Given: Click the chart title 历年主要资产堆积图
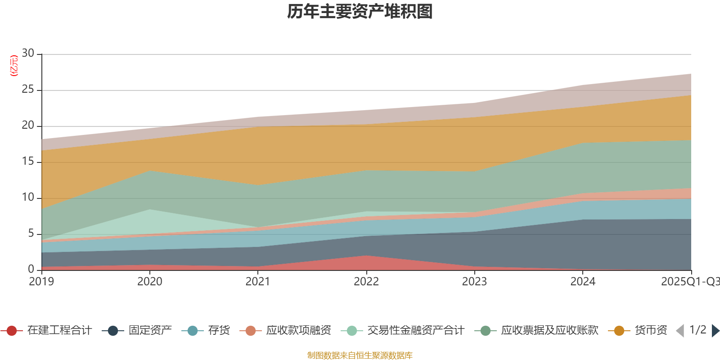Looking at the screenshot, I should click(x=360, y=12).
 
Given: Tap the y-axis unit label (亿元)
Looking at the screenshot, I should click(x=14, y=66).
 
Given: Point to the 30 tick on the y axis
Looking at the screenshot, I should click(x=28, y=54).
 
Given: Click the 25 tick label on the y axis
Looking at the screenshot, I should click(x=28, y=90).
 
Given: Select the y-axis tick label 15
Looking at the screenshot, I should click(x=28, y=162).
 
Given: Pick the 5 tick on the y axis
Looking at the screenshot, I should click(x=31, y=234).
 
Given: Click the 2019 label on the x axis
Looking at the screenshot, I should click(x=41, y=282).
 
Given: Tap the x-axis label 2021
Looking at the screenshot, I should click(x=257, y=282).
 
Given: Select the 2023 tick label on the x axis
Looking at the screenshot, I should click(x=474, y=282).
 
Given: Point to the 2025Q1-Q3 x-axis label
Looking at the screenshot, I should click(x=689, y=282).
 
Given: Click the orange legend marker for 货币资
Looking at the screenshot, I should click(x=619, y=331).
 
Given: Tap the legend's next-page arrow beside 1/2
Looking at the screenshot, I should click(x=715, y=331).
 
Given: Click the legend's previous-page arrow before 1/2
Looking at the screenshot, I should click(x=680, y=331).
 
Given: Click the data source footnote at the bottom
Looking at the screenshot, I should click(x=360, y=355).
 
